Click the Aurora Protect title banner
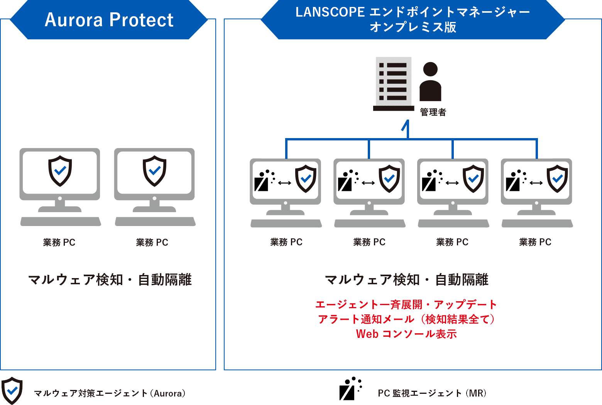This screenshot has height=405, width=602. [109, 20]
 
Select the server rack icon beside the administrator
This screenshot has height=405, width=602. [394, 84]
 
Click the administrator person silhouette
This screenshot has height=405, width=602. [430, 82]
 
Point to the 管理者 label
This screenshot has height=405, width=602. [433, 112]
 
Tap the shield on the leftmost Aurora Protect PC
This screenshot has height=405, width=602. [60, 171]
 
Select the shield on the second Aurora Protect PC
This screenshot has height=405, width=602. [154, 171]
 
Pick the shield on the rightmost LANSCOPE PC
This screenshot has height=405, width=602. [558, 179]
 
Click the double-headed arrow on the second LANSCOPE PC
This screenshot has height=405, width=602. [368, 183]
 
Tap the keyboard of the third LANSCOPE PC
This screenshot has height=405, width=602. [453, 223]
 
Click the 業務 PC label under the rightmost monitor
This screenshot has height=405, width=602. [535, 242]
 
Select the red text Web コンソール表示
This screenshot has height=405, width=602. [406, 334]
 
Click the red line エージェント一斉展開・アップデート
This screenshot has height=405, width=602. [406, 305]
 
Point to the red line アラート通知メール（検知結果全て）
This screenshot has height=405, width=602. [406, 319]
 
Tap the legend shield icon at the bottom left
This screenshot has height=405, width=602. [12, 390]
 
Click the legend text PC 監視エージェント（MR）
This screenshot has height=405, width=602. [432, 393]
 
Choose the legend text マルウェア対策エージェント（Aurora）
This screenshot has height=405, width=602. [110, 393]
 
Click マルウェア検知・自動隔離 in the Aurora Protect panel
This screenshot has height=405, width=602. [110, 280]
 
